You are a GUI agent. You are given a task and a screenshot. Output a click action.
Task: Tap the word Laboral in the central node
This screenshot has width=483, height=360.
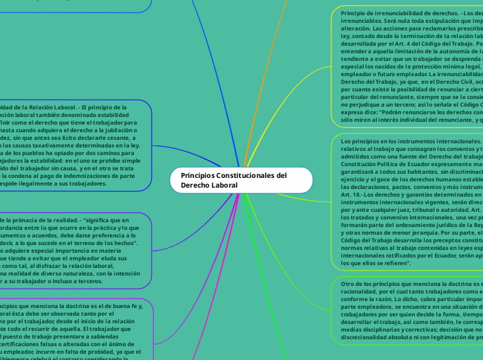pos(224,186)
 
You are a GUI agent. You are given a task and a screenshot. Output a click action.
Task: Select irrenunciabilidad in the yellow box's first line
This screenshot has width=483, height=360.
pos(389,13)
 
